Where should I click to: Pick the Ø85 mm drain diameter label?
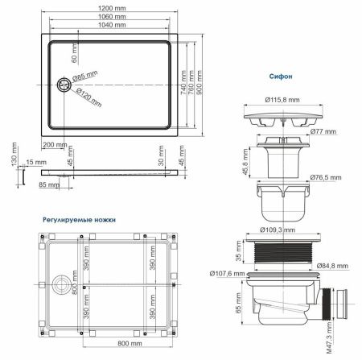pos(84,77)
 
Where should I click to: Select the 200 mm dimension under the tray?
pos(56,145)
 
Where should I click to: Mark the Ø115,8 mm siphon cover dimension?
pos(282,101)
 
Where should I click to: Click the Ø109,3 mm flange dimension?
pos(282,230)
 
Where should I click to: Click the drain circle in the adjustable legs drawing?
pos(59,283)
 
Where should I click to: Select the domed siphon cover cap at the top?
pos(282,118)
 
